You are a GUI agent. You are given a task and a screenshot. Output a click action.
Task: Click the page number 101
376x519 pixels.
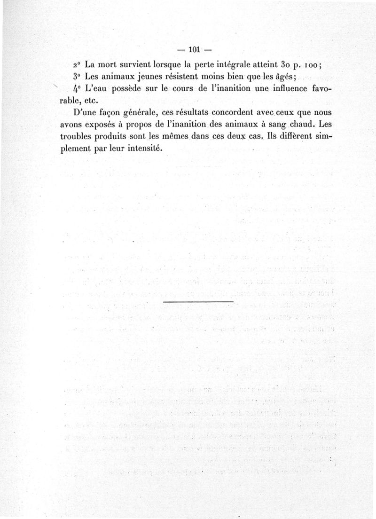[194, 48]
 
